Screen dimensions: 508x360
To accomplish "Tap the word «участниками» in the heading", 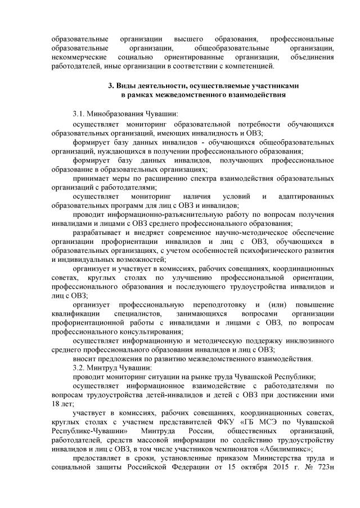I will tap(272, 85).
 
